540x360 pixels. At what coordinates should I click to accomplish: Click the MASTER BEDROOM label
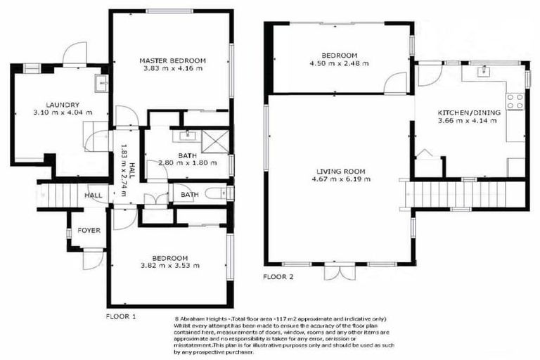pyautogui.click(x=172, y=60)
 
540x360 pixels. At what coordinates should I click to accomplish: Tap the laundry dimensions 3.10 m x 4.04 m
pyautogui.click(x=58, y=112)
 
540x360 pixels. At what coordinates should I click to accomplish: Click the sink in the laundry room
pyautogui.click(x=100, y=85)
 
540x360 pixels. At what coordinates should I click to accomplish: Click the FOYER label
pyautogui.click(x=89, y=230)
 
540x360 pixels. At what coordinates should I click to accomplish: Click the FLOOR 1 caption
pyautogui.click(x=120, y=316)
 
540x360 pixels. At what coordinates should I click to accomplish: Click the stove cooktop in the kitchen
pyautogui.click(x=515, y=101)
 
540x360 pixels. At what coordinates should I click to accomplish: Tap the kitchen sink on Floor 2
pyautogui.click(x=484, y=71)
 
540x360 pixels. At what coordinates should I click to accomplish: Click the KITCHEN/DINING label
pyautogui.click(x=468, y=112)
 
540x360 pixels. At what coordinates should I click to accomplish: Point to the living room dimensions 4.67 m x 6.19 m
pyautogui.click(x=340, y=179)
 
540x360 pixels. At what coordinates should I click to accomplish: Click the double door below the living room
pyautogui.click(x=336, y=271)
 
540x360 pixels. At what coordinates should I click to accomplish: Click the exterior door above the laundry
pyautogui.click(x=74, y=54)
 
